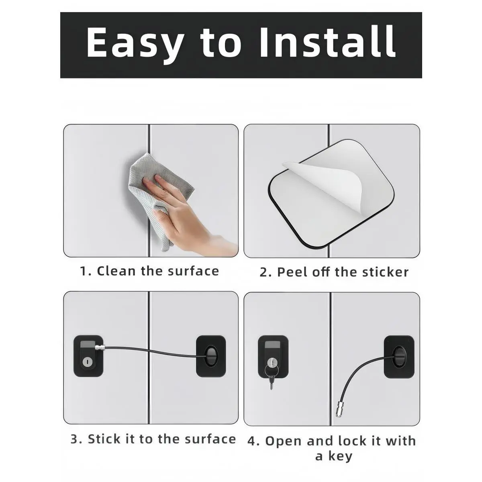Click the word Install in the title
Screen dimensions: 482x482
pyautogui.click(x=327, y=42)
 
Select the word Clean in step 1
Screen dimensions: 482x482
pyautogui.click(x=116, y=271)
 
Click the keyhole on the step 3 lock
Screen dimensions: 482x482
pyautogui.click(x=87, y=361)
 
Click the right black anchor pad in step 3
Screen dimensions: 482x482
pyautogui.click(x=211, y=356)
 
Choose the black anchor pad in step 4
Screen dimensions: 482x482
pyautogui.click(x=399, y=357)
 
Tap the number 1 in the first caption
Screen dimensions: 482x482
pyautogui.click(x=83, y=271)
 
